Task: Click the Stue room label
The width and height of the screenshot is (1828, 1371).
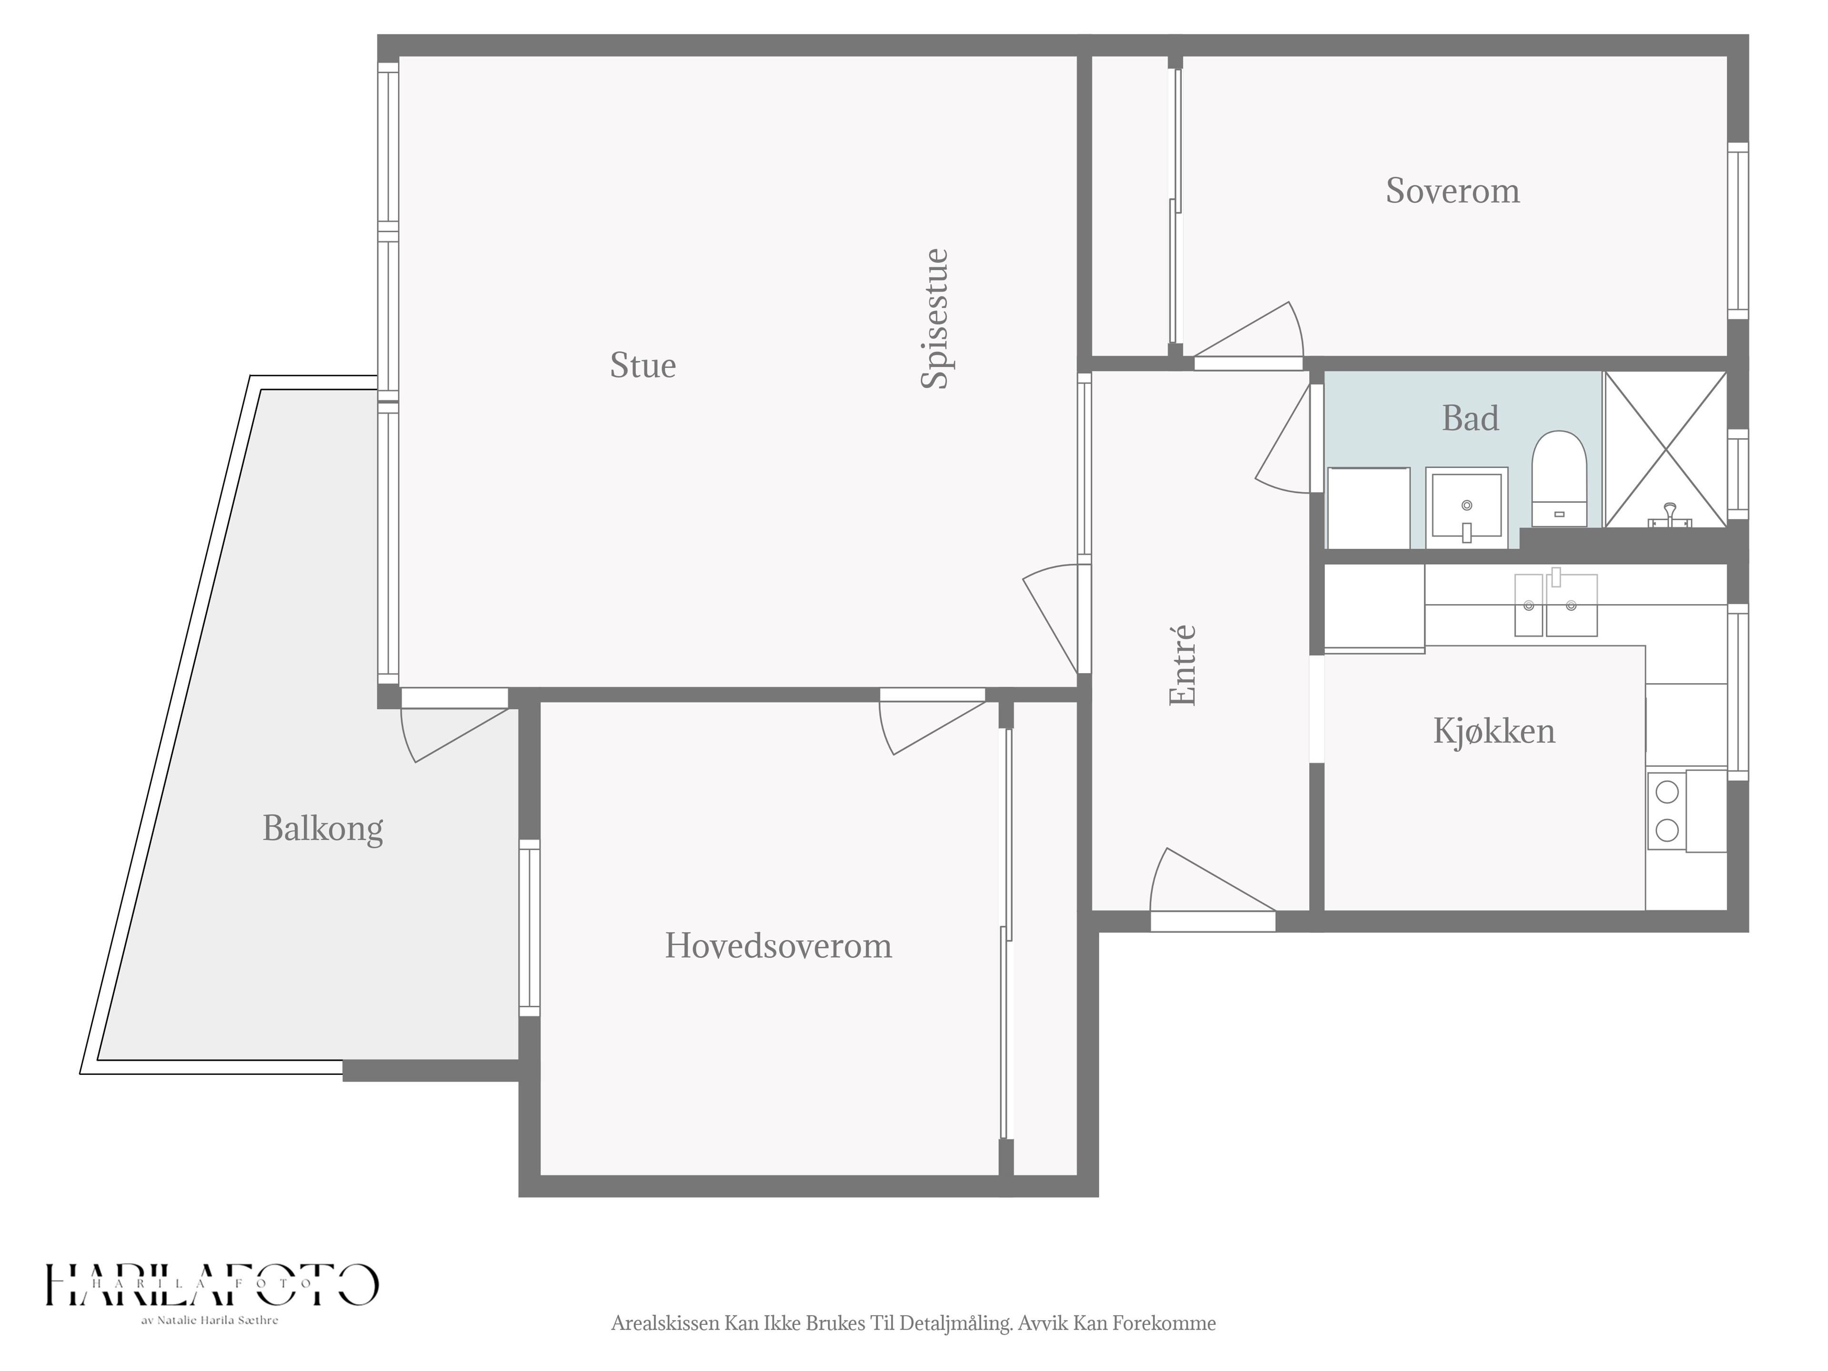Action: [643, 365]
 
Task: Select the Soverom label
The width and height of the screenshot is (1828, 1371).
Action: [1453, 191]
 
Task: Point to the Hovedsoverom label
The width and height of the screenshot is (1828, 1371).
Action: [778, 945]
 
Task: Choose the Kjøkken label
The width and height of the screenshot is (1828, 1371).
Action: [1494, 731]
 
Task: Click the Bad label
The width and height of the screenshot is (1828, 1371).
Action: [1470, 418]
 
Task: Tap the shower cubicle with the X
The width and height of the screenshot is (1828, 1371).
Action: [1665, 449]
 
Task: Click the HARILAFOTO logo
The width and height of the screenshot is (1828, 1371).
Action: [211, 1284]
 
